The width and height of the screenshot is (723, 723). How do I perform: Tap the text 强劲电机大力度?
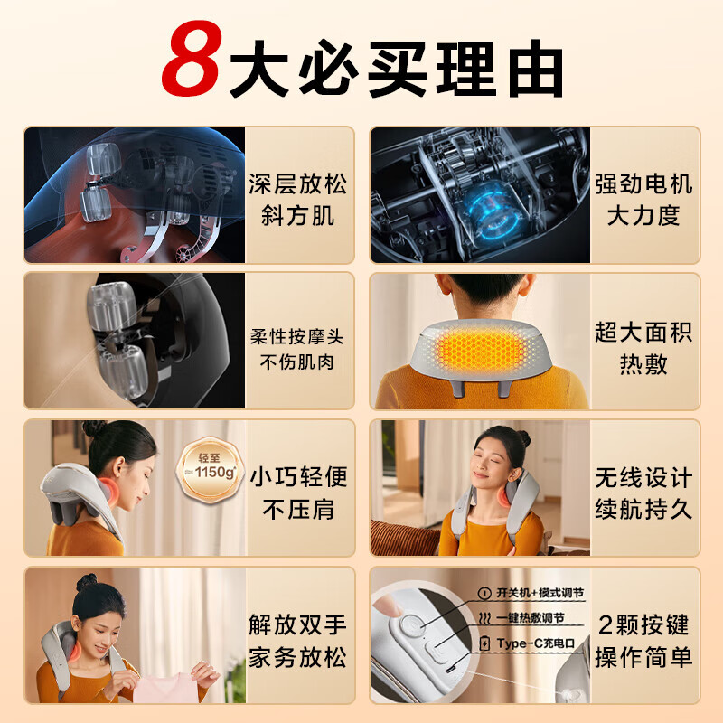[643, 199]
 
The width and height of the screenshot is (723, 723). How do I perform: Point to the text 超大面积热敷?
[643, 347]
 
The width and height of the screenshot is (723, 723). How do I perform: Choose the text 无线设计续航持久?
[643, 492]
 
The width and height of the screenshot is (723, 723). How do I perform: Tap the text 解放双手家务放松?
[297, 640]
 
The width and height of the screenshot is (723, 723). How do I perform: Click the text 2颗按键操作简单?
[643, 640]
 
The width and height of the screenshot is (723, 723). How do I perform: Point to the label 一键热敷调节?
[531, 618]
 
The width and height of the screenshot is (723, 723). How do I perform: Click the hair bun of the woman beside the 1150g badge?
[95, 428]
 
